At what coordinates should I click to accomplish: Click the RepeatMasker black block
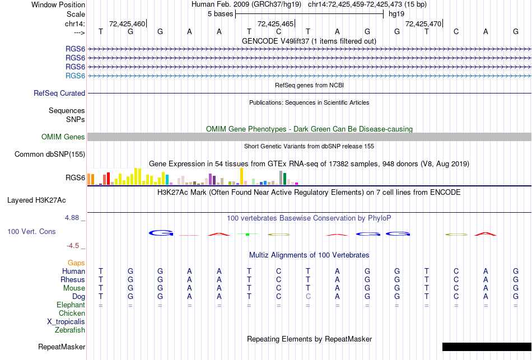coord(486,347)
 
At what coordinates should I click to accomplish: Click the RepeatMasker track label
coord(62,347)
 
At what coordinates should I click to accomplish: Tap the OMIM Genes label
coord(63,137)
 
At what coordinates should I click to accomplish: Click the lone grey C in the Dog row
coord(308,296)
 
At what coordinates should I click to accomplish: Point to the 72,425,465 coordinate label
coord(275,24)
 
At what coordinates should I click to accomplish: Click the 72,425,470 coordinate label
coord(423,24)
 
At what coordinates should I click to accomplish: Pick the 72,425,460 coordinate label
coord(127,24)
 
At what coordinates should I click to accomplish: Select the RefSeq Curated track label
coord(59,93)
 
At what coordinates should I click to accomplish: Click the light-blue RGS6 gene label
coord(75,76)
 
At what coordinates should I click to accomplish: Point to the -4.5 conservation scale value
coord(73,245)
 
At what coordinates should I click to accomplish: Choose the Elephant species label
coord(71,305)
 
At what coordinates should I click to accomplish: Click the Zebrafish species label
coord(70,330)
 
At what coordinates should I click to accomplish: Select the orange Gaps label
coord(76,263)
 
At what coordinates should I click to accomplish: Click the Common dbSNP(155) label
coord(50,155)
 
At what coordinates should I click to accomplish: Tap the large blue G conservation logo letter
coord(160,233)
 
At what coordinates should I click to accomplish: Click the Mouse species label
coord(74,288)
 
